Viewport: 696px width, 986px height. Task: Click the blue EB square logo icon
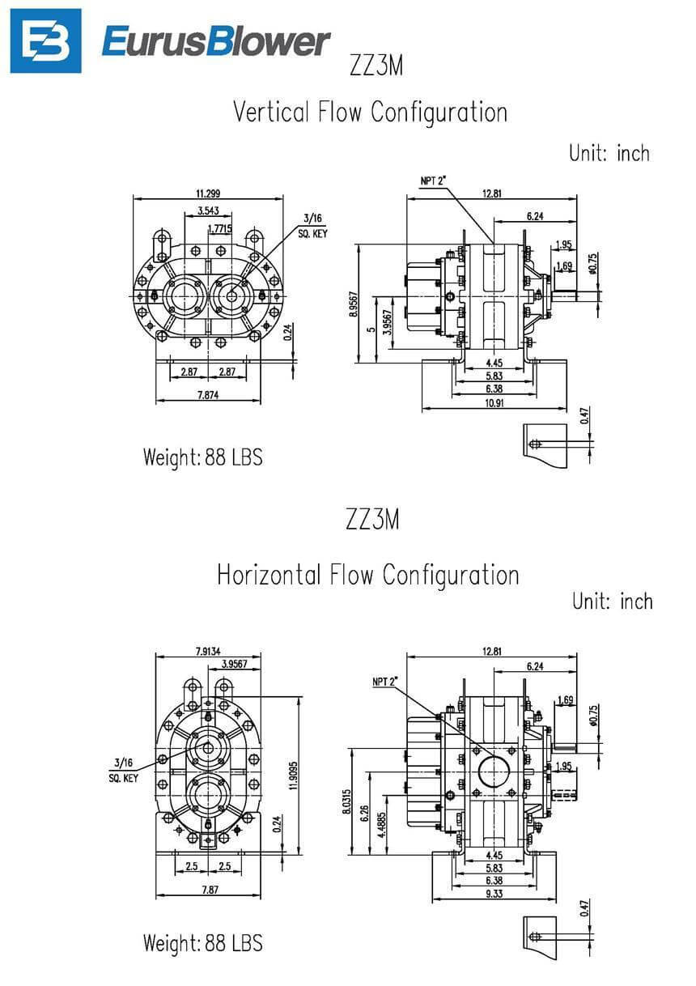45,40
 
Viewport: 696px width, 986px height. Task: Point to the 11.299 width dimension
209,193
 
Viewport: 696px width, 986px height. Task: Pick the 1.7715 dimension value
219,228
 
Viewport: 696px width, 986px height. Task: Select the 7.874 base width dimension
209,395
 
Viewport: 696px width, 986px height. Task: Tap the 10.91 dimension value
492,403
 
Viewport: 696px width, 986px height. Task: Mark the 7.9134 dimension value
209,650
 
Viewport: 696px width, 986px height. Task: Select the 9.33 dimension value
492,893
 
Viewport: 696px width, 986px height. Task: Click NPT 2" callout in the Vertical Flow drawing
435,181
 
